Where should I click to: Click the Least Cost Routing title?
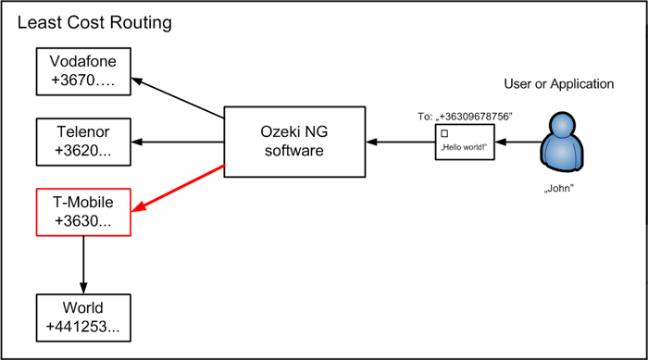pyautogui.click(x=94, y=21)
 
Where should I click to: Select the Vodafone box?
pyautogui.click(x=83, y=73)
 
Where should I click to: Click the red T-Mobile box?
pyautogui.click(x=83, y=212)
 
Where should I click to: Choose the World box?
pyautogui.click(x=83, y=317)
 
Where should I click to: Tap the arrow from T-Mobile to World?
pyautogui.click(x=84, y=264)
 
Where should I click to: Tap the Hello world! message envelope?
pyautogui.click(x=464, y=143)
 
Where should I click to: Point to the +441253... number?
pyautogui.click(x=83, y=328)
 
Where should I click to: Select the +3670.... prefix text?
pyautogui.click(x=83, y=83)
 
